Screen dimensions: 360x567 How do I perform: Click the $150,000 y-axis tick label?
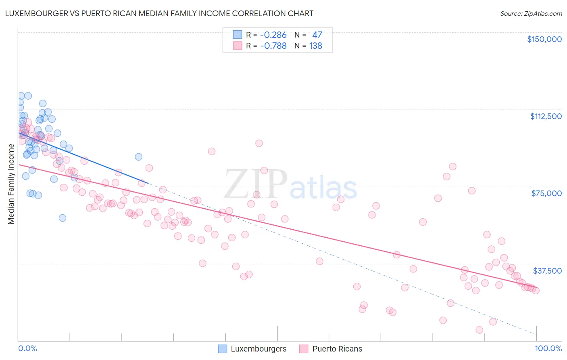pos(544,39)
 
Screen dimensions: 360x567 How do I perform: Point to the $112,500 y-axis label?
pos(546,116)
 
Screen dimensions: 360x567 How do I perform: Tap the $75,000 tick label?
pos(546,193)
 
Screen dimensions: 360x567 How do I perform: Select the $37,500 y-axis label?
pos(547,271)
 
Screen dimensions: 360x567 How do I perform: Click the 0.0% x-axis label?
pos(27,348)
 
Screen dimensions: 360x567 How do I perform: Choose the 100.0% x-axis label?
pos(548,348)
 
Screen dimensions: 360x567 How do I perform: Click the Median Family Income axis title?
pos(11,184)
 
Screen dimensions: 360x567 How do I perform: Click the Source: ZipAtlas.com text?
pos(531,13)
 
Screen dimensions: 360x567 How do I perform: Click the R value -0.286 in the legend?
pos(273,35)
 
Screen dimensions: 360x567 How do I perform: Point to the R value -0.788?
pos(273,46)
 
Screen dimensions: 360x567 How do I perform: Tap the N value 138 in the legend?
pos(315,46)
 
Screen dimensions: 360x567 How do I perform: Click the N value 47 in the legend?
pos(317,35)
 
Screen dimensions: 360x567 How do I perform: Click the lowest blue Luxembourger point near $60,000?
pos(63,218)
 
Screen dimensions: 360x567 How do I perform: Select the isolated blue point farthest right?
pos(138,157)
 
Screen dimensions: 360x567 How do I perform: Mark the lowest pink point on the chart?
pos(479,330)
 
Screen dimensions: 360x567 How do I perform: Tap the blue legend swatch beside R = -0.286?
pos(238,35)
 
